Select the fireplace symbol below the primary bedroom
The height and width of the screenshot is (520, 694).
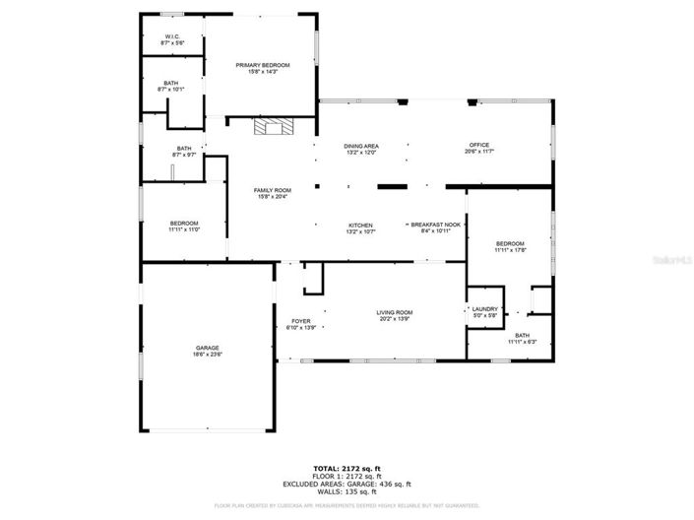coord(273,126)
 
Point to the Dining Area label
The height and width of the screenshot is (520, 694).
coord(361,146)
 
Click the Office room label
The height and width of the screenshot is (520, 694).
coord(479,146)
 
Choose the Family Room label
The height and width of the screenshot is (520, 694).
coord(273,190)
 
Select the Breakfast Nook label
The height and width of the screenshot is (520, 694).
coord(435,226)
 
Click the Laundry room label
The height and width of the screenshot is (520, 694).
coord(485,309)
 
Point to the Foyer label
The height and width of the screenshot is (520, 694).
coord(300,321)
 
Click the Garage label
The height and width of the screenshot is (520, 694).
coord(207,348)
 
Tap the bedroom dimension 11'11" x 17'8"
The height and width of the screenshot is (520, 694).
coord(510,250)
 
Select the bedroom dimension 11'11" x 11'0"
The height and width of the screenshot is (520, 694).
coord(184,229)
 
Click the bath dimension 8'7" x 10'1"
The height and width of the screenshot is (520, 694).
coord(171,90)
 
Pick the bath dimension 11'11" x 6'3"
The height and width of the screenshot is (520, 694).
coord(522,342)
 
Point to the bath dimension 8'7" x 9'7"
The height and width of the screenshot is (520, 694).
coord(184,155)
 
